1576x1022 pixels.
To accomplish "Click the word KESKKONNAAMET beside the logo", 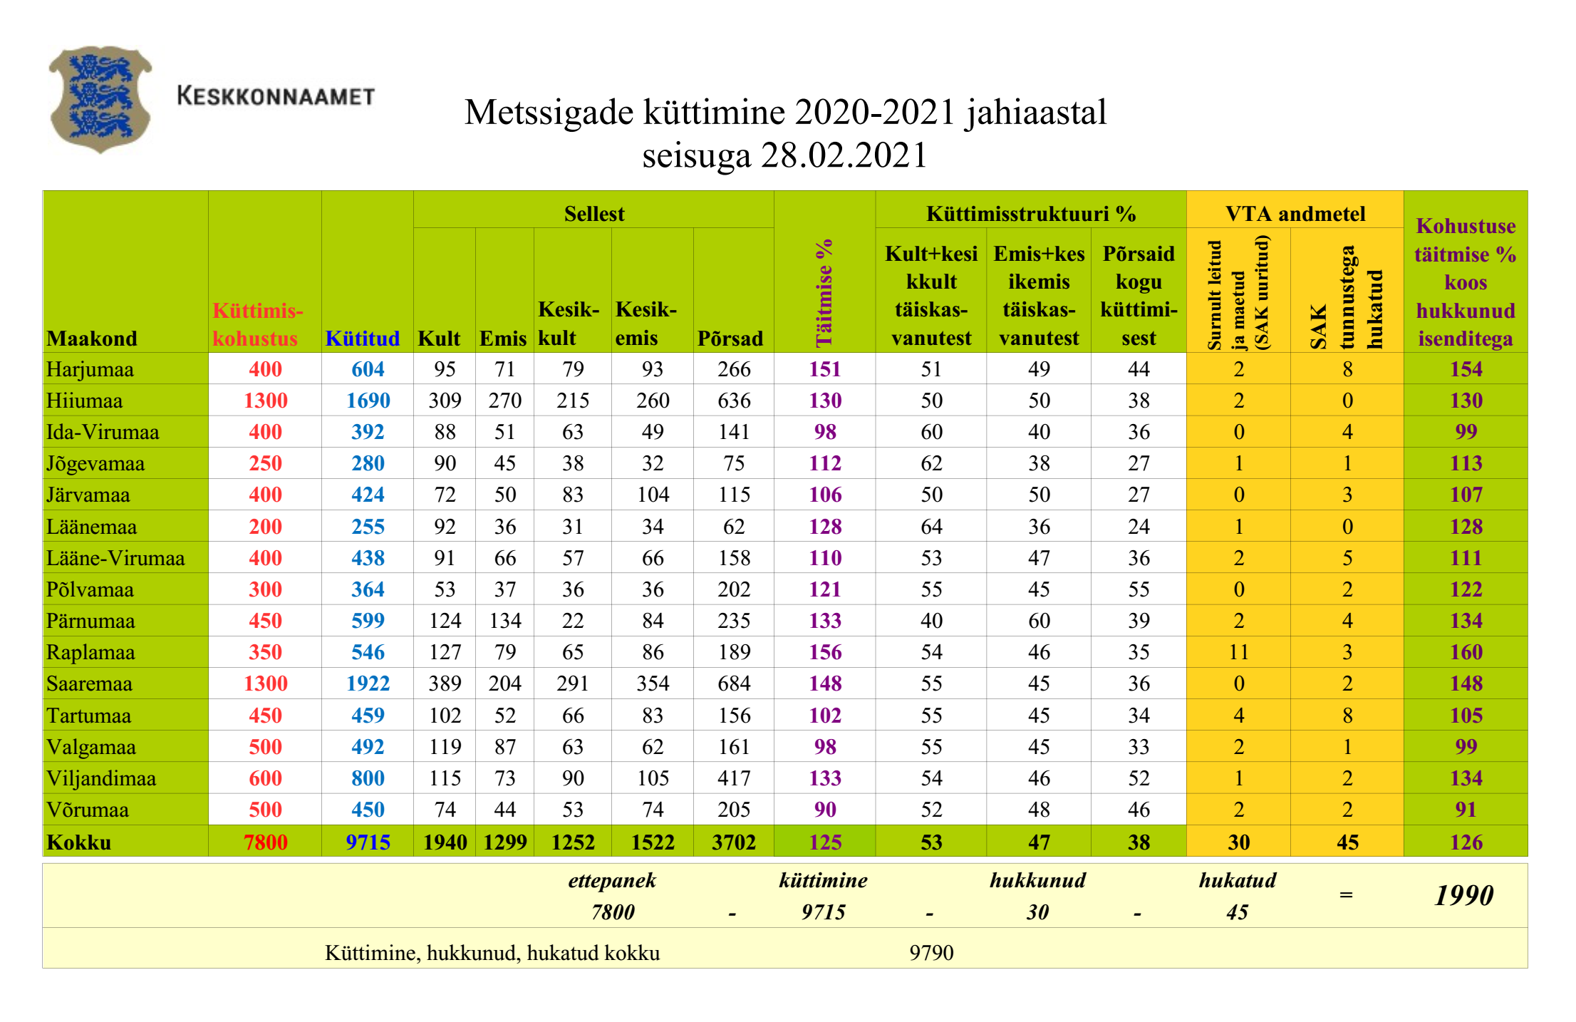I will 276,96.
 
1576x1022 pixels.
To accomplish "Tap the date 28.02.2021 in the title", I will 844,155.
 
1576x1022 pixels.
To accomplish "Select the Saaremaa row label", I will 90,683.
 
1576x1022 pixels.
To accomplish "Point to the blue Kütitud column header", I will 362,338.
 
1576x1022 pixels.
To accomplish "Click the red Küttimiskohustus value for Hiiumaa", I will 265,401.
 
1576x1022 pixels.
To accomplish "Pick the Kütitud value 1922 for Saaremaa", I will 368,683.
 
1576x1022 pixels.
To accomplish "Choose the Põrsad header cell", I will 730,338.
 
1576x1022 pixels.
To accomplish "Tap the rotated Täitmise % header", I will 824,292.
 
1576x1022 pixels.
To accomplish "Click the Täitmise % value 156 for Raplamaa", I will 825,652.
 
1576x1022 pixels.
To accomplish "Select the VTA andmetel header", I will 1295,213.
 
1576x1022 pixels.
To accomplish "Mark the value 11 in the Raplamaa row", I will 1238,652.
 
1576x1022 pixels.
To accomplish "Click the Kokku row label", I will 79,842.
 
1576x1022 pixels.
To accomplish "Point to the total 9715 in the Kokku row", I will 368,842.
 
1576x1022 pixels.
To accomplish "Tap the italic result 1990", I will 1463,895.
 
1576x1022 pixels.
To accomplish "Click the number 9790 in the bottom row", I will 931,953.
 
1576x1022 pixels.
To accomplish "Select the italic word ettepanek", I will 612,881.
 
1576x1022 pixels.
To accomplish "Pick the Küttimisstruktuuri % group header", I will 1030,213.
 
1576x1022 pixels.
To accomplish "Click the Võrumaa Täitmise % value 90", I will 825,810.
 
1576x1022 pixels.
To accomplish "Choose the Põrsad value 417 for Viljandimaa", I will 734,778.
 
